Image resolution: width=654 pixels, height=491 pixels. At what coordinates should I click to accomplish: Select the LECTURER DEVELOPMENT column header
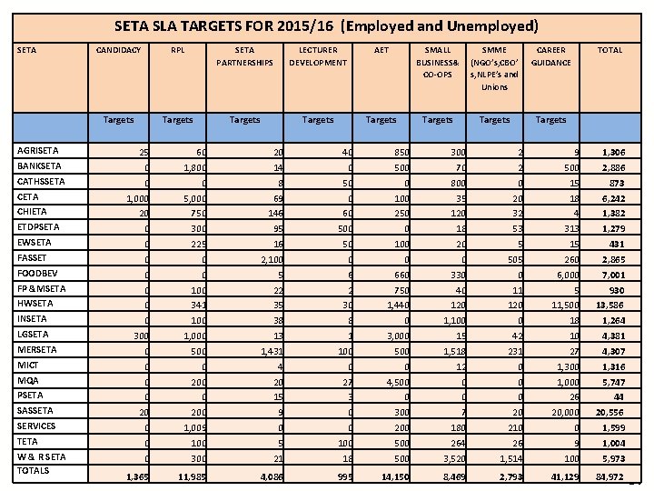318,56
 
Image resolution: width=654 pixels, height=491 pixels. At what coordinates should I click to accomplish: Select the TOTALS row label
33,471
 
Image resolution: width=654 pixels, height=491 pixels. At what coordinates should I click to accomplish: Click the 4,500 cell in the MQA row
383,381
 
